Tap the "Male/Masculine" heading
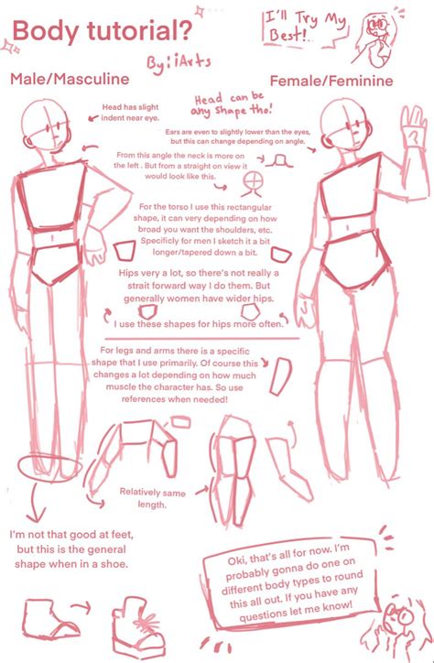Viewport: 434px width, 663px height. pyautogui.click(x=70, y=80)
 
